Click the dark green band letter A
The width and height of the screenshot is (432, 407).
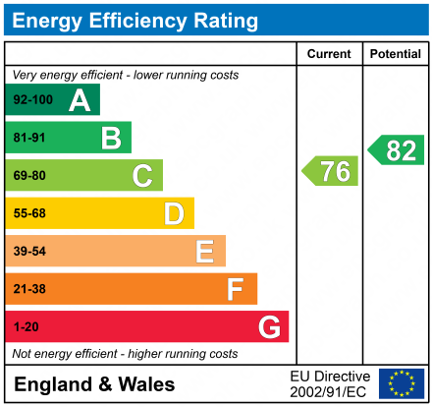(x=79, y=100)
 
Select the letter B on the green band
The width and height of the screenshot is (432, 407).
(x=110, y=138)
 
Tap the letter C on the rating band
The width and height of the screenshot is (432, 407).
(x=142, y=176)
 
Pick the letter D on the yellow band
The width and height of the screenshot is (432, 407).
(x=174, y=213)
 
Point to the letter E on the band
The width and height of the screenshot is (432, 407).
(x=204, y=252)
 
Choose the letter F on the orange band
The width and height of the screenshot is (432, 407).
(x=236, y=289)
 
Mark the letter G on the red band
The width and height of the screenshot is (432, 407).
(x=268, y=326)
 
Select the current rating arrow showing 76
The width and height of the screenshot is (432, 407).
(x=331, y=171)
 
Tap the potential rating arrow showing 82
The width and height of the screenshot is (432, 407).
(x=397, y=150)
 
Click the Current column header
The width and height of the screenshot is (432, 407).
(x=329, y=54)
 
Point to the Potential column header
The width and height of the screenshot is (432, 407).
(x=396, y=54)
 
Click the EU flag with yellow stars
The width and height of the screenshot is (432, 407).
(x=401, y=383)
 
